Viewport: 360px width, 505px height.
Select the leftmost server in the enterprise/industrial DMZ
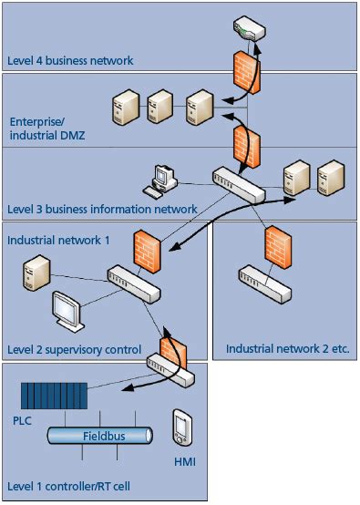[126, 110]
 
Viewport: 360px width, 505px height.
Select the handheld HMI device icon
[182, 427]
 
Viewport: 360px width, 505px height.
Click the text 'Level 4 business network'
[71, 61]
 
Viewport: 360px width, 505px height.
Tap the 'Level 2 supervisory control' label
[74, 349]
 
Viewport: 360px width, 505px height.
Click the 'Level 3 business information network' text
[102, 210]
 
